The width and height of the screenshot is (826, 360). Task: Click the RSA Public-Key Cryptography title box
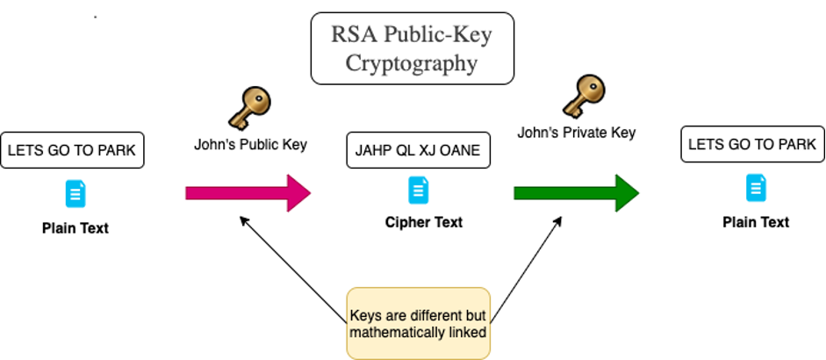coord(412,48)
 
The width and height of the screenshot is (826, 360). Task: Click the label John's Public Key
coord(250,145)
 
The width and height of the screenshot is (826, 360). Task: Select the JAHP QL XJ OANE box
coord(418,151)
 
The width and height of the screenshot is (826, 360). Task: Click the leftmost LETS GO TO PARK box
coord(72,151)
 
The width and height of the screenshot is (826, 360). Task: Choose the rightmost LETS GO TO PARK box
coord(752,145)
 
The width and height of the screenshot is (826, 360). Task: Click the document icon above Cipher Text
coord(419,190)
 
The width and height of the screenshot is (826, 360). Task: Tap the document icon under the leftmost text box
coord(75,192)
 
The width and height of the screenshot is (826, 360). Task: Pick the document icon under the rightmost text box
coord(755,187)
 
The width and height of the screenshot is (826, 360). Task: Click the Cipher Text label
coord(424,223)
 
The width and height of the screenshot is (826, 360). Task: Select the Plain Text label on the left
coord(75,228)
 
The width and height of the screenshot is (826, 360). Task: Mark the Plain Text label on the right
coord(755,222)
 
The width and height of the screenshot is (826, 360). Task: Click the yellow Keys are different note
coord(418,323)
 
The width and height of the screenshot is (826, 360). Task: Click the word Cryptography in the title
coord(412,63)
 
